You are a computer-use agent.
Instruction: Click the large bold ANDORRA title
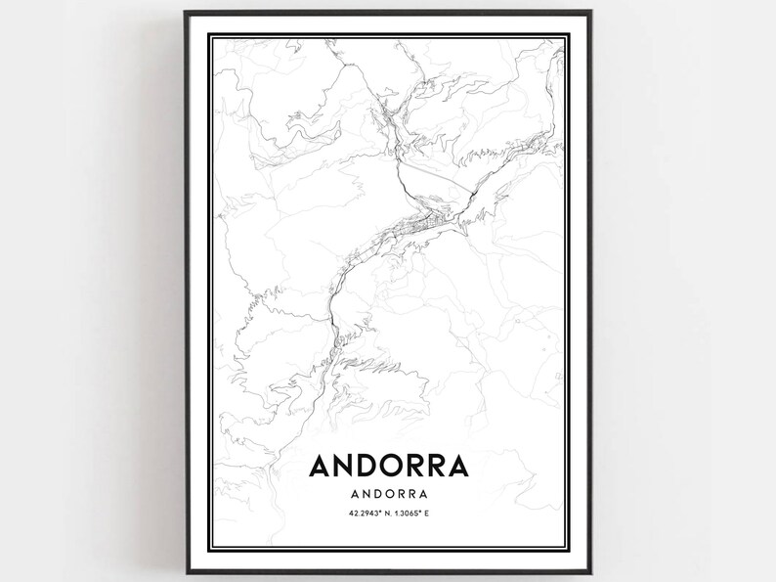(x=388, y=465)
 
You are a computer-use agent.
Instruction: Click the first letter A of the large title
(x=322, y=465)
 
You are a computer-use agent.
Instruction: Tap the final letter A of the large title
(x=456, y=465)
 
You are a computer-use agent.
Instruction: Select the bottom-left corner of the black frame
(x=186, y=572)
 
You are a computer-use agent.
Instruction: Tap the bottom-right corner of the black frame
(x=590, y=572)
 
